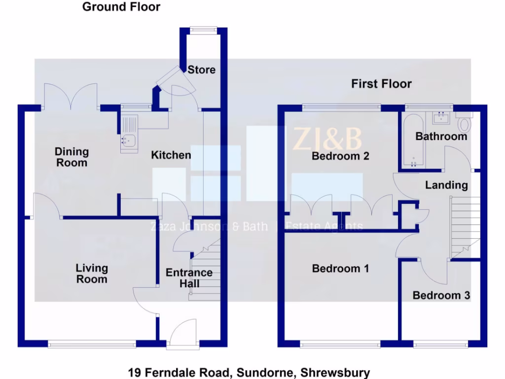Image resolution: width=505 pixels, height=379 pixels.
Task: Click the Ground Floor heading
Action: click(x=121, y=7)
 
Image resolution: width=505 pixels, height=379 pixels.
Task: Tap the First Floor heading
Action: click(x=381, y=84)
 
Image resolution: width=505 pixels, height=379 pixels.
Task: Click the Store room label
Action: click(x=201, y=70)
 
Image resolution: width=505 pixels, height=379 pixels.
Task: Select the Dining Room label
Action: click(x=72, y=157)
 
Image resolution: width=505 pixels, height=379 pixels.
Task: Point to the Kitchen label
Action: click(x=171, y=155)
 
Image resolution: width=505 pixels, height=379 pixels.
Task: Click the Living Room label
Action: click(x=92, y=273)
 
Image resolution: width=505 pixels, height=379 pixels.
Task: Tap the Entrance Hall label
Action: click(x=189, y=278)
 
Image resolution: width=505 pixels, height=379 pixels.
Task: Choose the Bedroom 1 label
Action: click(x=340, y=268)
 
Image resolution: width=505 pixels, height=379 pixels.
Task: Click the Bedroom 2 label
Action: click(x=341, y=156)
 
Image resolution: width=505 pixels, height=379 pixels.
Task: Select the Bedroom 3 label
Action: click(x=441, y=296)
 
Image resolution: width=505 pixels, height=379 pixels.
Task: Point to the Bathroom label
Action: click(x=441, y=136)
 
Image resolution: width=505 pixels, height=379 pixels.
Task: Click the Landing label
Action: click(x=446, y=185)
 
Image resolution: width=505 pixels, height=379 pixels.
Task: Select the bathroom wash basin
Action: click(x=440, y=118)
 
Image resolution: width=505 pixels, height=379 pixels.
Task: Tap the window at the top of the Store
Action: click(x=202, y=30)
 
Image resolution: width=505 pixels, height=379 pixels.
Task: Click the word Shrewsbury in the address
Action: click(x=335, y=373)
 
